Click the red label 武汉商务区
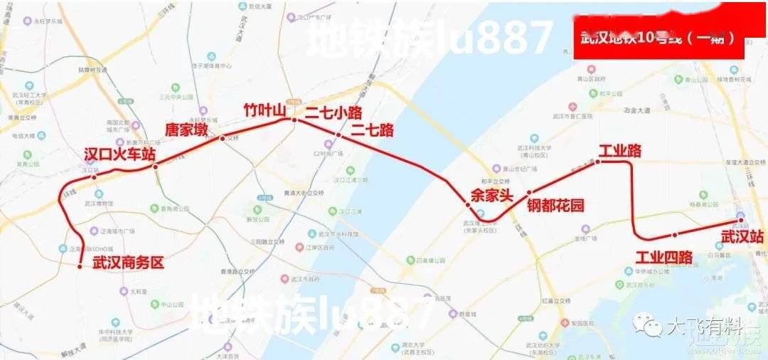coord(128,263)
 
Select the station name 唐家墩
coord(187,130)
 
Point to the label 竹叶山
coord(265,110)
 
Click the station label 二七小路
coord(334,113)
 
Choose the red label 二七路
coord(372,130)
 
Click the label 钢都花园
coord(555,206)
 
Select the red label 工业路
coord(620,151)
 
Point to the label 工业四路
coord(663,257)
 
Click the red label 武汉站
coord(742,236)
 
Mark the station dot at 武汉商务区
coord(80,266)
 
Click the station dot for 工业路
coord(597,162)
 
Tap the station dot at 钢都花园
coord(529,193)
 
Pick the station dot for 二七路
coord(338,135)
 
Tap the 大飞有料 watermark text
coord(703,327)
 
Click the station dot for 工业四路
coord(674,234)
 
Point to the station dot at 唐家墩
coord(156,168)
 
